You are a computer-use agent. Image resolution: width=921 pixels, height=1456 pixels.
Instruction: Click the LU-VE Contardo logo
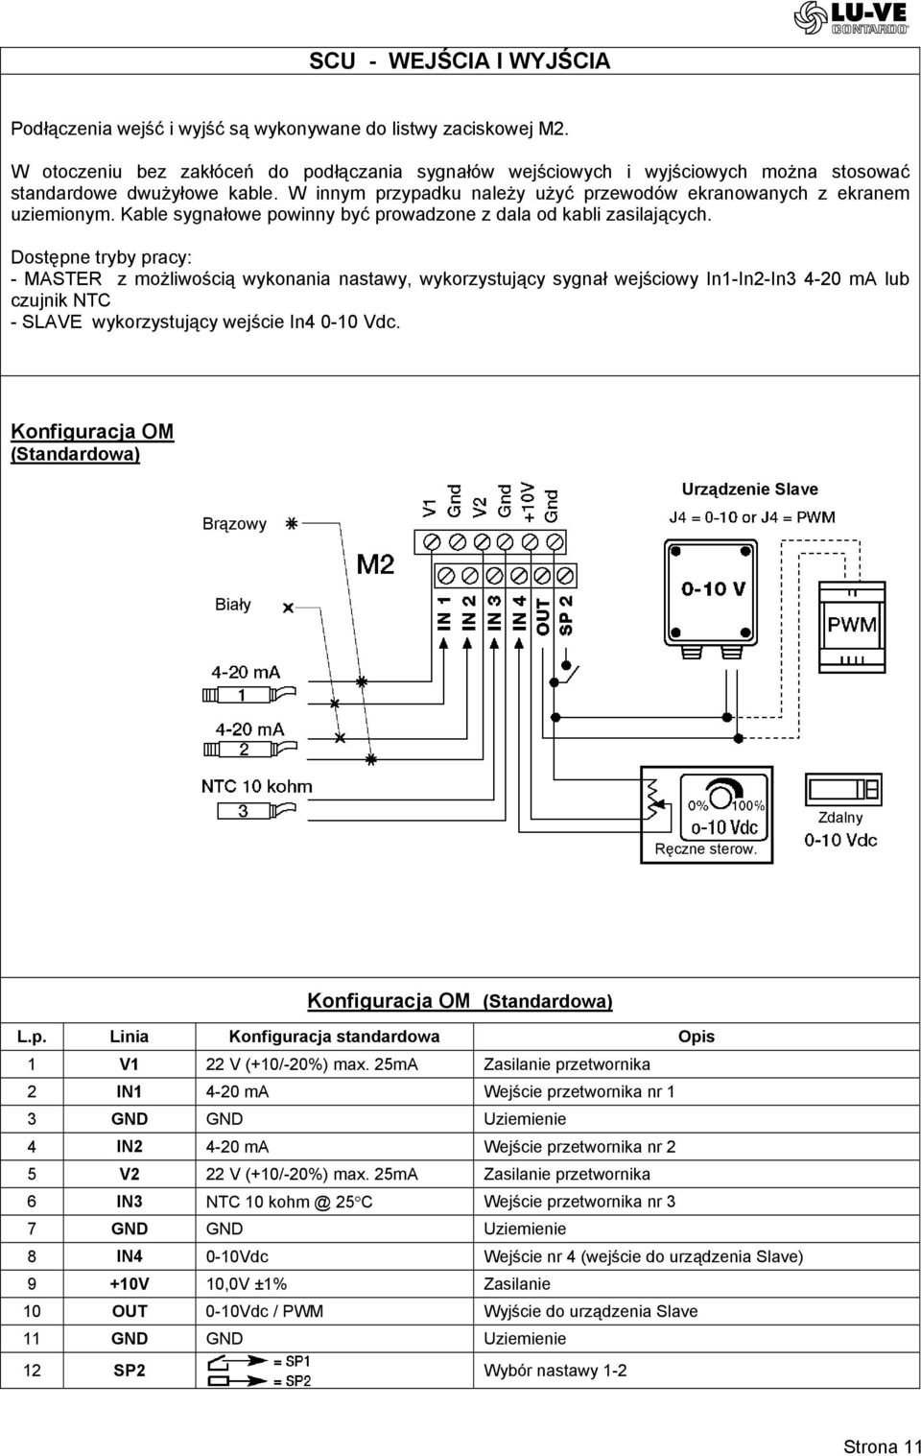[851, 17]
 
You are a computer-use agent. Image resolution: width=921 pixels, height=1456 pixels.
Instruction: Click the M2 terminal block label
[375, 564]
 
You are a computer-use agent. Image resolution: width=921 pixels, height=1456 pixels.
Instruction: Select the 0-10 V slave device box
[711, 592]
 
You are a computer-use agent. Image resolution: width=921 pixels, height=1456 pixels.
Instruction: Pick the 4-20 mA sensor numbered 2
[250, 750]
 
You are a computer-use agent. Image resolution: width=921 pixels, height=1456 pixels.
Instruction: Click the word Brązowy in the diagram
[234, 524]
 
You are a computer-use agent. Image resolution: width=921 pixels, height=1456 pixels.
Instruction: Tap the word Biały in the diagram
[232, 605]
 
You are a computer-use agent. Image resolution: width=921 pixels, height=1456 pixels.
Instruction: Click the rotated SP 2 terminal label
[566, 615]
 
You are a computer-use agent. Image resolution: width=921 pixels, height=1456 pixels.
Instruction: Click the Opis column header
[697, 1037]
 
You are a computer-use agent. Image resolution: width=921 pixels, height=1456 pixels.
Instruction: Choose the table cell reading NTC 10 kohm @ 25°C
[289, 1202]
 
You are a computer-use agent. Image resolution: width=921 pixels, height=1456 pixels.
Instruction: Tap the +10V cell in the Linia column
[130, 1284]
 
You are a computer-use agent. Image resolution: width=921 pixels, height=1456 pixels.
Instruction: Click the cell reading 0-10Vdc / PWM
[265, 1311]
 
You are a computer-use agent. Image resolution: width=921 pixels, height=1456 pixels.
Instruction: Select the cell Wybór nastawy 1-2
[555, 1371]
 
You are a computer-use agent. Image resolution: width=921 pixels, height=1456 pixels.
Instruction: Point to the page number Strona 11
[882, 1446]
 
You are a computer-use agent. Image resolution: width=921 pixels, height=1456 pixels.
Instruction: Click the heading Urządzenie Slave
[749, 489]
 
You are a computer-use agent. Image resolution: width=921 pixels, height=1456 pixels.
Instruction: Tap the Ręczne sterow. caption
[706, 848]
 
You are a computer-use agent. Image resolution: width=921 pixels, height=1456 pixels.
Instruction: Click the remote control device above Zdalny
[843, 789]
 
